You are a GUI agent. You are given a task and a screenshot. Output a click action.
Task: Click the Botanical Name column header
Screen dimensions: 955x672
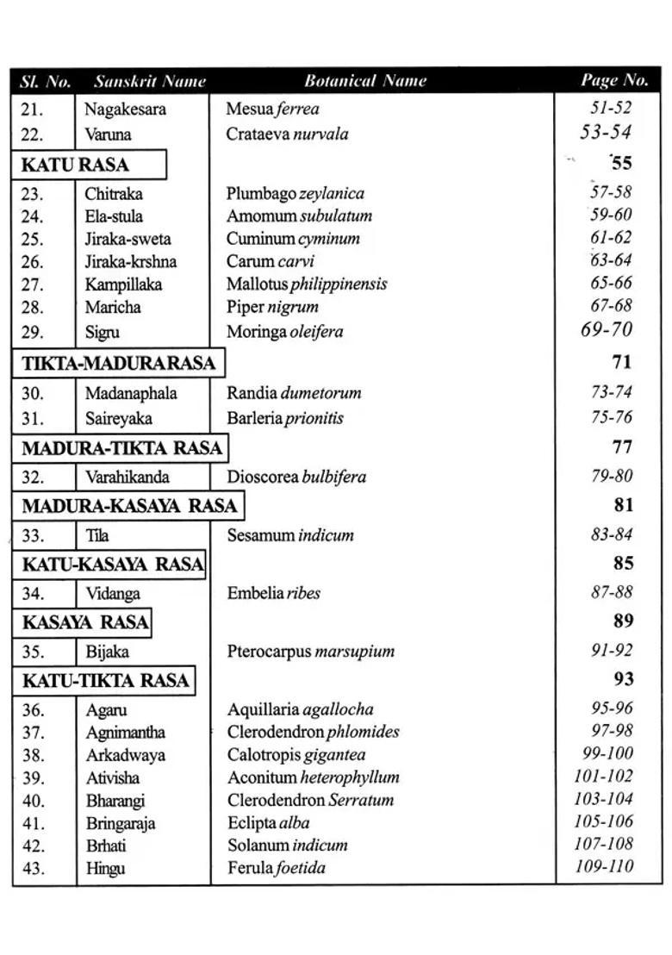pyautogui.click(x=365, y=81)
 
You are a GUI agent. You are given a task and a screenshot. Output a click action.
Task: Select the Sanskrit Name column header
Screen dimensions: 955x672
pyautogui.click(x=150, y=82)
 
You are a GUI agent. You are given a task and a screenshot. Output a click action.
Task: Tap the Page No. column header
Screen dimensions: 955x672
pyautogui.click(x=613, y=81)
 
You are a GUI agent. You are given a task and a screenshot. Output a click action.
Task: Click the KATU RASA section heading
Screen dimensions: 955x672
pyautogui.click(x=75, y=165)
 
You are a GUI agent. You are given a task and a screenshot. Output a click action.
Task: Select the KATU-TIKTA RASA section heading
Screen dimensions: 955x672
pyautogui.click(x=105, y=681)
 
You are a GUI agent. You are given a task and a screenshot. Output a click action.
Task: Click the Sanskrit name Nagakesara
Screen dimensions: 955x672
pyautogui.click(x=125, y=109)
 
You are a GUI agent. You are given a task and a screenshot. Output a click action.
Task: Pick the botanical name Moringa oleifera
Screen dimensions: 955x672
pyautogui.click(x=284, y=331)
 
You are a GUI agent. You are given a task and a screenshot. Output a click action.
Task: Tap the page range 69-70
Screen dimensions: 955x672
pyautogui.click(x=607, y=329)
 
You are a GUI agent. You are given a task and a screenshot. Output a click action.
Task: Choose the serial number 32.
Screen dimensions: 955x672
pyautogui.click(x=33, y=477)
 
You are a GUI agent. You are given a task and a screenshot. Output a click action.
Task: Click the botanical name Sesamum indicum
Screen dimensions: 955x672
pyautogui.click(x=290, y=535)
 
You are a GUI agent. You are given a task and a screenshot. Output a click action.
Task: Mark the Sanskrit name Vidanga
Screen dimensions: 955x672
pyautogui.click(x=113, y=594)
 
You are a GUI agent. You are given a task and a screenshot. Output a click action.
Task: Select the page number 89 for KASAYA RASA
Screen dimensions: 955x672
pyautogui.click(x=623, y=621)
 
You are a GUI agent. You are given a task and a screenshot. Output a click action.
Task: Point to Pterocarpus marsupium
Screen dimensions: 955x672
pyautogui.click(x=311, y=652)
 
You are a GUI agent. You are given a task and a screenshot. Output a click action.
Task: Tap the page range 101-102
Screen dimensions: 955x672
pyautogui.click(x=603, y=777)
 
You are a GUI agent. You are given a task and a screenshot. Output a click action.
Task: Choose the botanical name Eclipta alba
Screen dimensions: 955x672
pyautogui.click(x=268, y=823)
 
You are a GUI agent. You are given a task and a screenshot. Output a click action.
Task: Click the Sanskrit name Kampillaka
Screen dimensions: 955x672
pyautogui.click(x=123, y=284)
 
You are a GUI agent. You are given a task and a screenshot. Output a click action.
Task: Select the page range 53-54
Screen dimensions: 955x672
pyautogui.click(x=606, y=133)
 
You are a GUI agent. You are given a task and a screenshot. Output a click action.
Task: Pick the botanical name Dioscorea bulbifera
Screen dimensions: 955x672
pyautogui.click(x=296, y=477)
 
